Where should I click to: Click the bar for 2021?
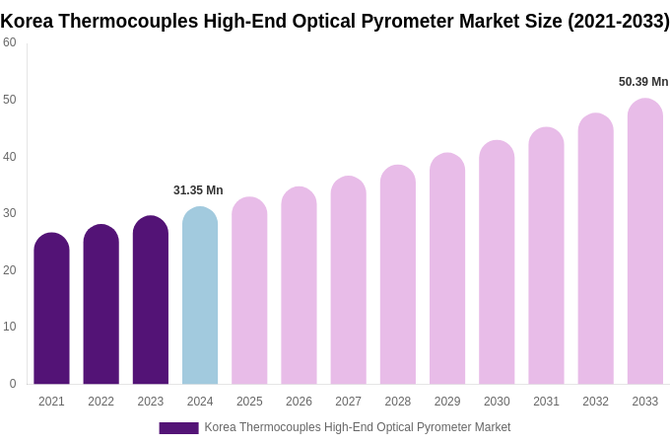coord(51,311)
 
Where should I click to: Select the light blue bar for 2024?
coord(200,296)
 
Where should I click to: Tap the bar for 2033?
coord(645,242)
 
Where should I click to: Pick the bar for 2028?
coord(398,276)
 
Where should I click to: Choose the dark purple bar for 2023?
coord(151,301)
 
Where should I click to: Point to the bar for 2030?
coord(497,263)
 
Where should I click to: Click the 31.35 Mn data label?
coord(198,190)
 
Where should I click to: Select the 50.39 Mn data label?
coord(643,82)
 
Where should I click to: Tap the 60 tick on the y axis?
coord(10,42)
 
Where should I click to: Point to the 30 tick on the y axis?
coord(10,213)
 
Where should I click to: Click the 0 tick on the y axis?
coord(13,384)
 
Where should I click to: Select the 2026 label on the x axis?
coord(299,402)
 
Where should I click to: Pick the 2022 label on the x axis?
coord(100,402)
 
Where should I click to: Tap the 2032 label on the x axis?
coord(595,402)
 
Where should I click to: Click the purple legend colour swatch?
coord(178,428)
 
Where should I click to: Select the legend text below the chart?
coord(358,427)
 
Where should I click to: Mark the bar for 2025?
coord(249,291)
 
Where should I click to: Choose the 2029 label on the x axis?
coord(447,402)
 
